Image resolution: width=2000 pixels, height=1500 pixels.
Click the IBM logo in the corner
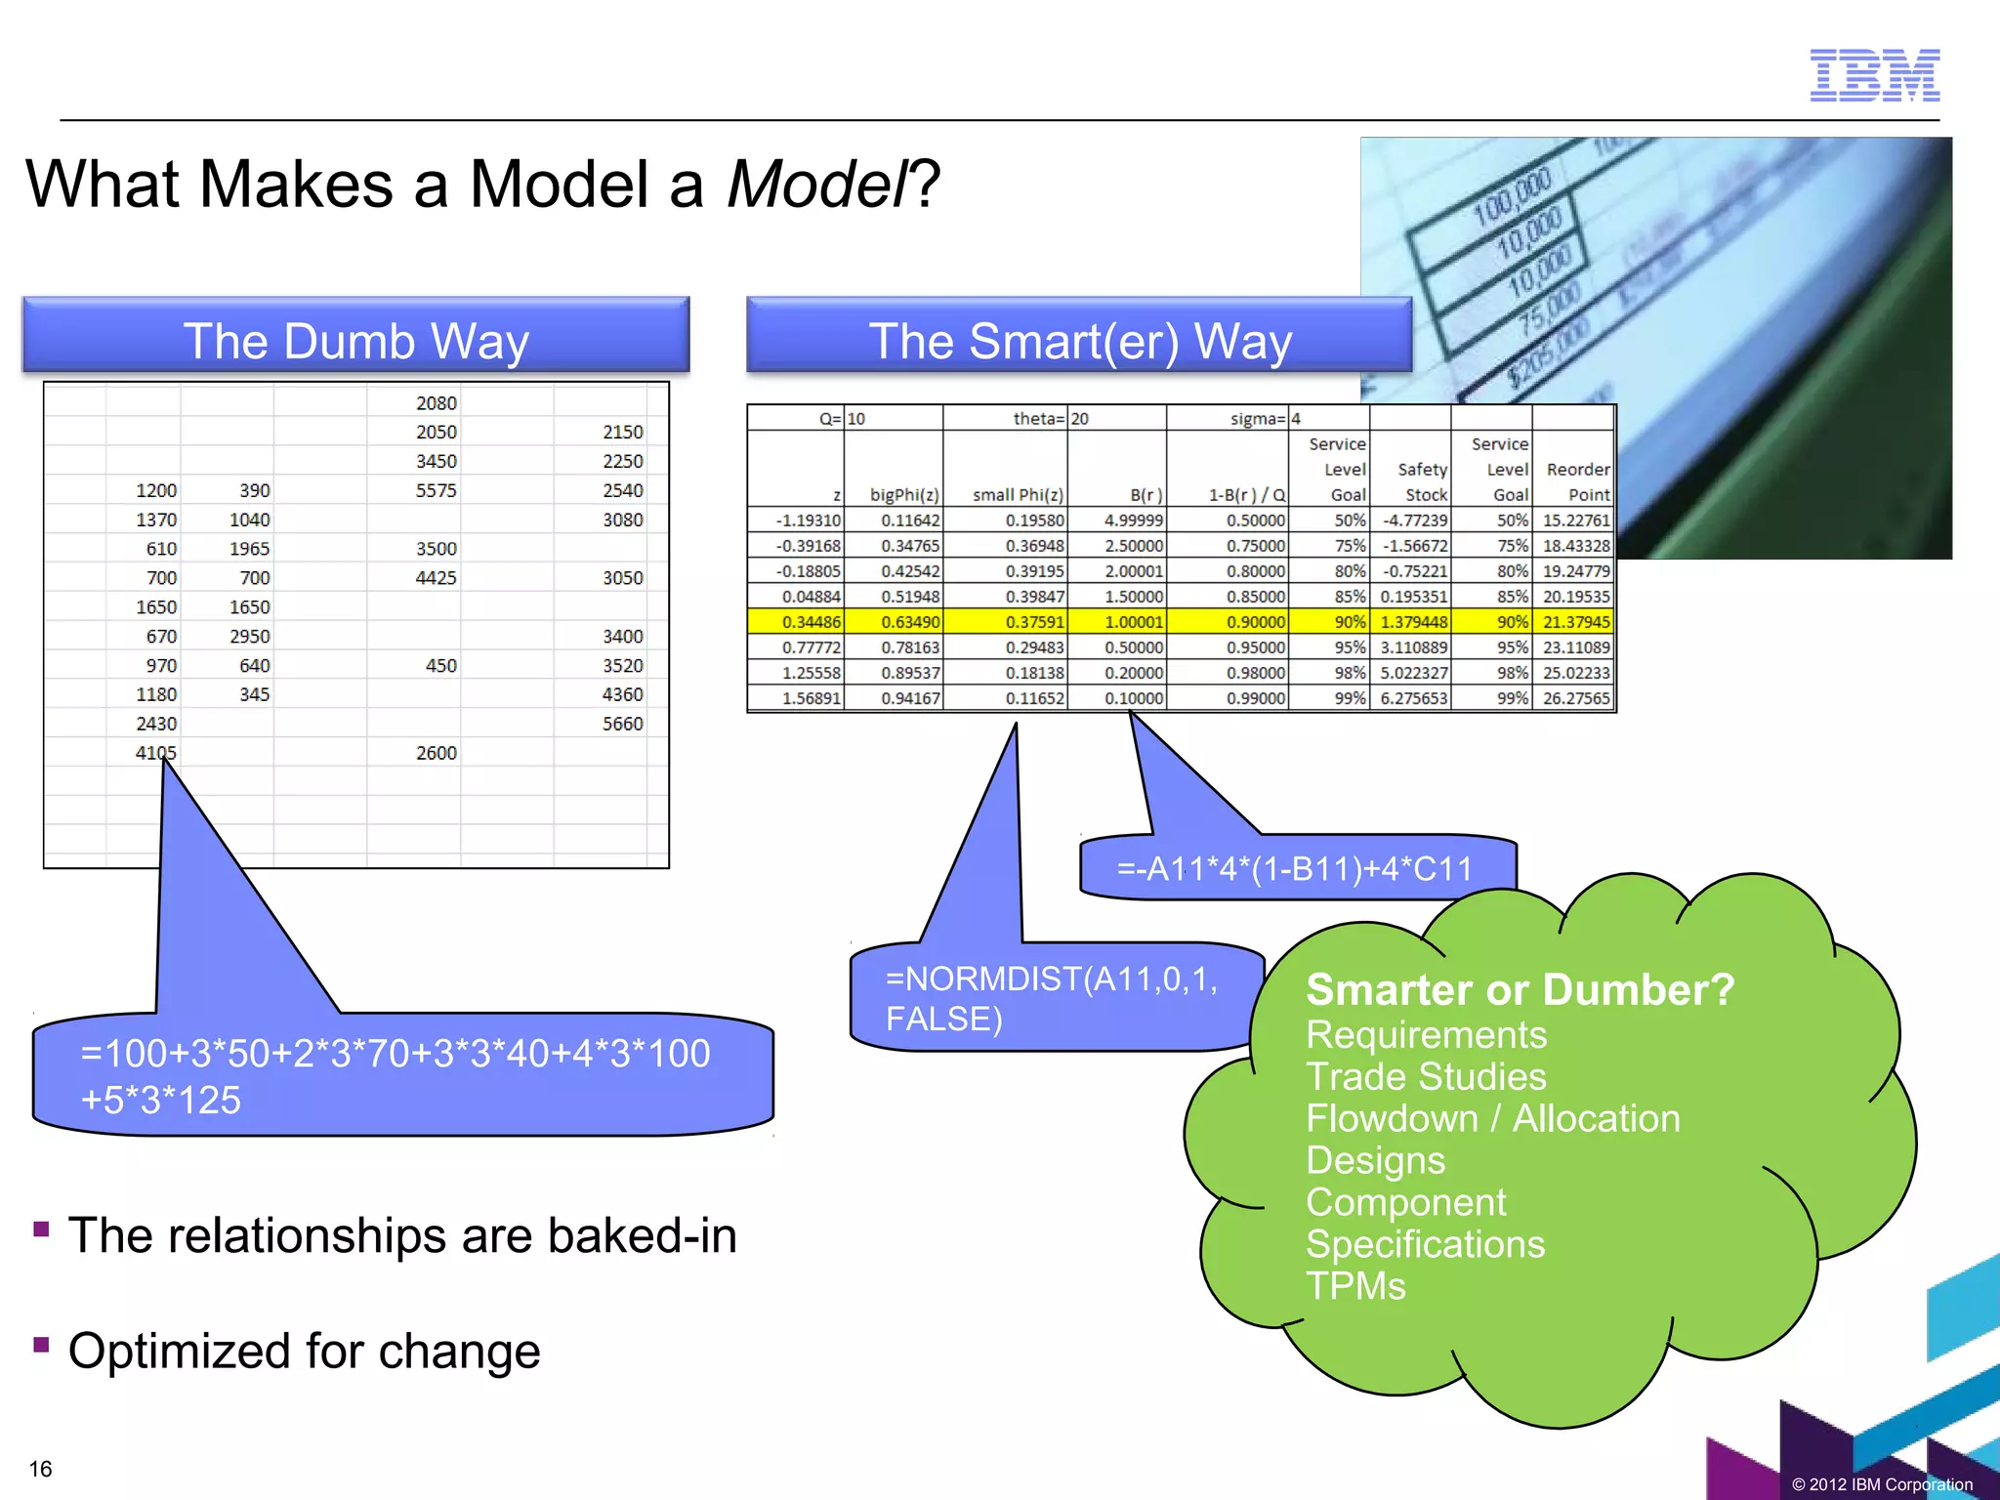[x=1874, y=75]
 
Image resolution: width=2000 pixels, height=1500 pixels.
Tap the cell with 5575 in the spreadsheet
[x=436, y=490]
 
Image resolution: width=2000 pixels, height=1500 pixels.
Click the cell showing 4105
[x=156, y=753]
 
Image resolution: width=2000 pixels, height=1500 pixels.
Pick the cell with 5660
[x=622, y=724]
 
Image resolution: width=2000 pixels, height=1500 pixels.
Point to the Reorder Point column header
[x=1576, y=481]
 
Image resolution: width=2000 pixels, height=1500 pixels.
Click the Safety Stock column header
[x=1422, y=481]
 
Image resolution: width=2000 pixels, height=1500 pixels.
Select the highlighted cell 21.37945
[x=1575, y=622]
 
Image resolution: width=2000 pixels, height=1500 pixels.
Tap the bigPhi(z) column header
[x=903, y=495]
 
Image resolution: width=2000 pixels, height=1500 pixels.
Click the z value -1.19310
[x=808, y=521]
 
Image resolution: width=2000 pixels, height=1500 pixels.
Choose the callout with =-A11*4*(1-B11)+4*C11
[x=1295, y=867]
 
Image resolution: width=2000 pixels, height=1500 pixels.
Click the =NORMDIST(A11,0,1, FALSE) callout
[x=1051, y=998]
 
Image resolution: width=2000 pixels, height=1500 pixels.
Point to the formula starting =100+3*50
[x=395, y=1075]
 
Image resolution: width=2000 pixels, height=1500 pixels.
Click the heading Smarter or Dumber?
[x=1520, y=989]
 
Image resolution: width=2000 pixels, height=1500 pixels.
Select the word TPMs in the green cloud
[x=1355, y=1286]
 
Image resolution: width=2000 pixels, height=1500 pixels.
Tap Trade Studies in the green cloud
[x=1426, y=1076]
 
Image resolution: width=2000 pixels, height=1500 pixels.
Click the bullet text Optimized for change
[x=304, y=1351]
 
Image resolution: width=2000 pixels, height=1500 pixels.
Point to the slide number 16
[x=41, y=1469]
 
